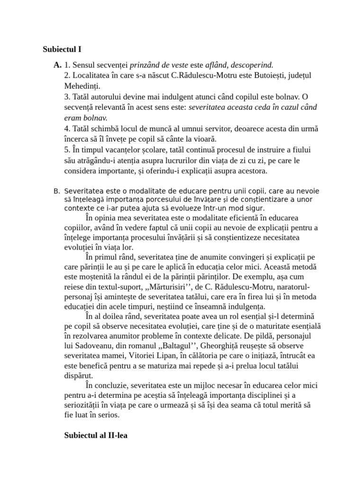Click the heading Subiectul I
pos(64,49)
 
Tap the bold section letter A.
pos(57,65)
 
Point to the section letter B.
pos(57,191)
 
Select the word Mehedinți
pos(82,86)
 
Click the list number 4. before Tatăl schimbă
pos(67,128)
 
